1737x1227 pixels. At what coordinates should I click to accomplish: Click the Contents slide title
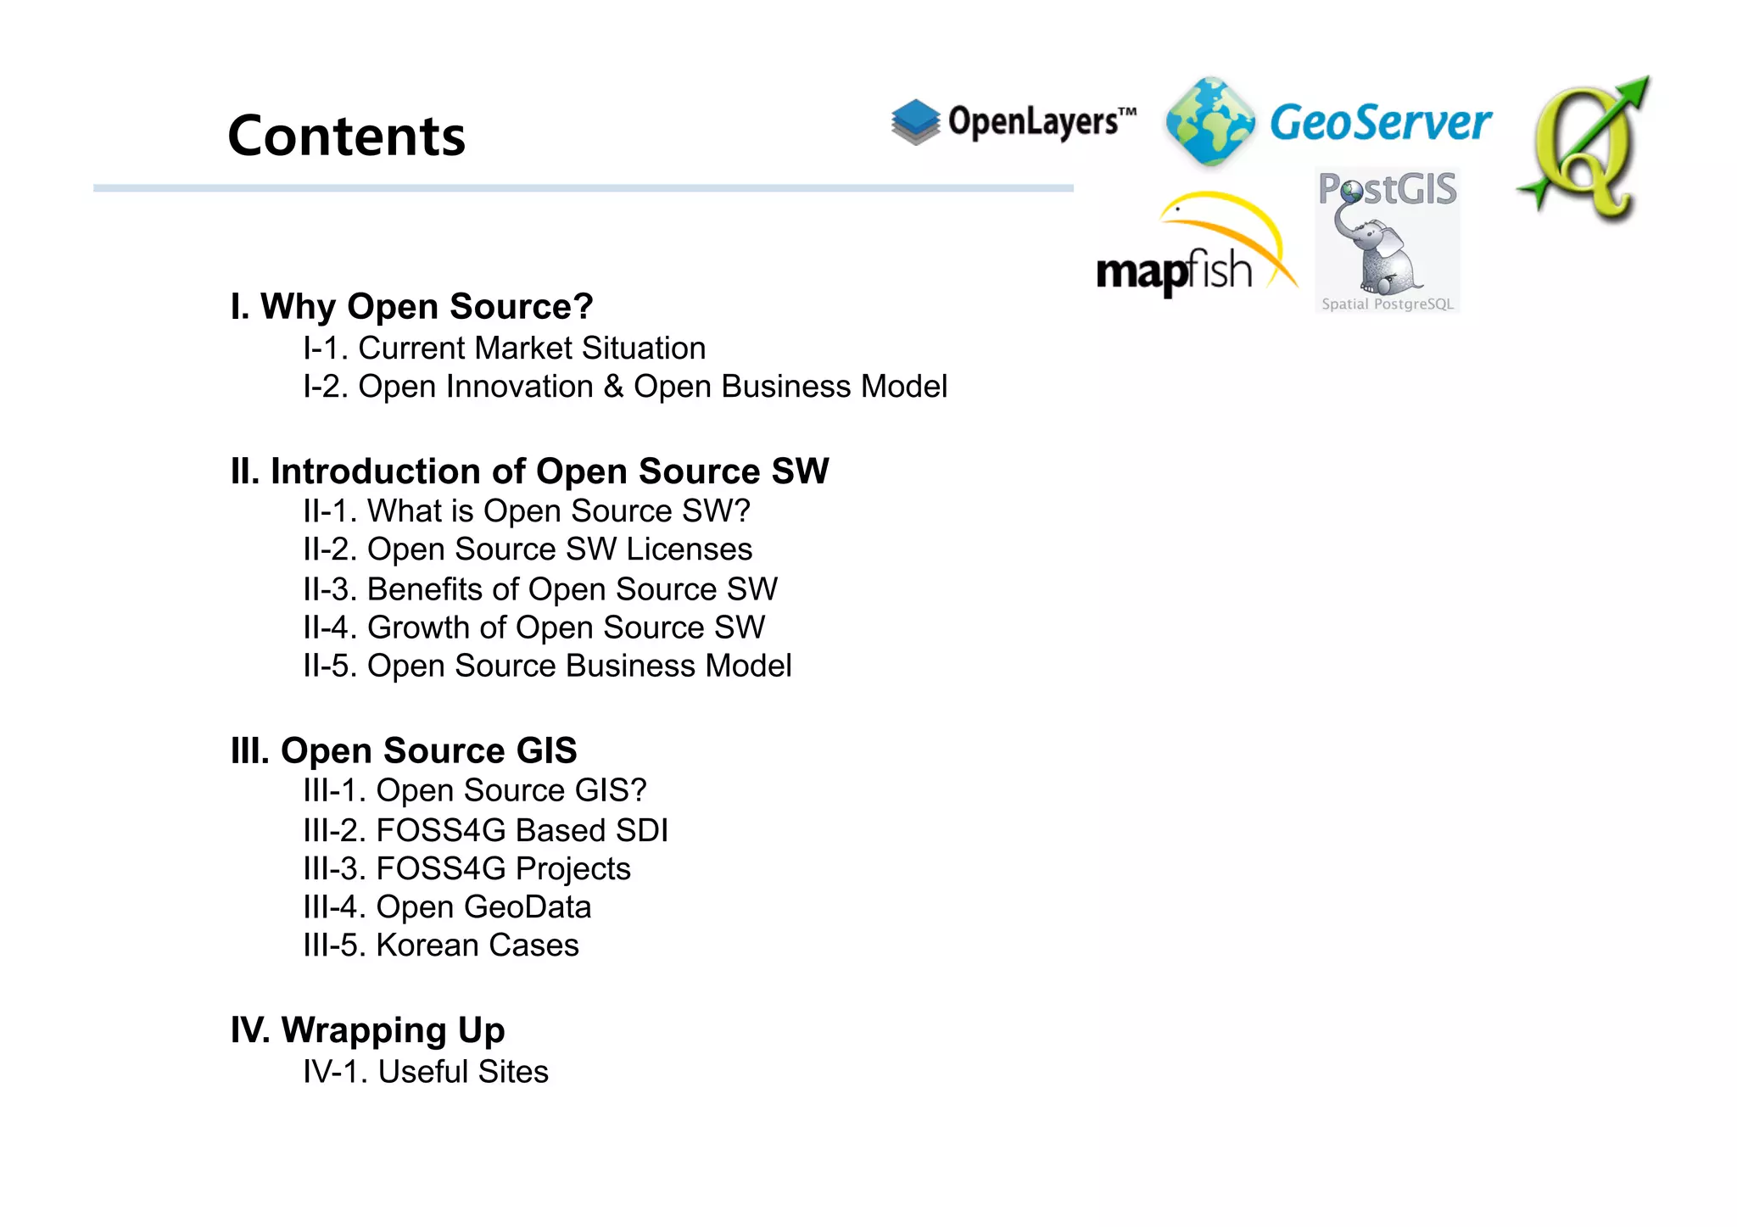346,136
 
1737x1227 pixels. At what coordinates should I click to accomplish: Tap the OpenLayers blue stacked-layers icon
915,121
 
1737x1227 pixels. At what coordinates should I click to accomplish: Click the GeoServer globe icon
1209,121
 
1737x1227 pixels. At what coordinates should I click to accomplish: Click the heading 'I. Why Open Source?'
411,306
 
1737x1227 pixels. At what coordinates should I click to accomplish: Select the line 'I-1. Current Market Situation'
504,348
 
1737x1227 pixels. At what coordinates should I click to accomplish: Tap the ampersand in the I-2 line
613,387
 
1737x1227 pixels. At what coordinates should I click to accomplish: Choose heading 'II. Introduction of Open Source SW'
529,471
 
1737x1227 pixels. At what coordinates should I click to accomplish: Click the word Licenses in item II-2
689,549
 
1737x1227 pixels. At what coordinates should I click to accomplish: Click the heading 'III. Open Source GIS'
404,750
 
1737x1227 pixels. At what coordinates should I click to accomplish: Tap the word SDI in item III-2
642,830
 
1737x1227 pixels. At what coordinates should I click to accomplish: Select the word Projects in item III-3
573,868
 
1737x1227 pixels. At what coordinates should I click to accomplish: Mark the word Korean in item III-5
427,945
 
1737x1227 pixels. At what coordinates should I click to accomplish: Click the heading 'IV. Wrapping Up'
367,1030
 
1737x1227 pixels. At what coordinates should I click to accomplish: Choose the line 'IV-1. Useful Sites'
425,1072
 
